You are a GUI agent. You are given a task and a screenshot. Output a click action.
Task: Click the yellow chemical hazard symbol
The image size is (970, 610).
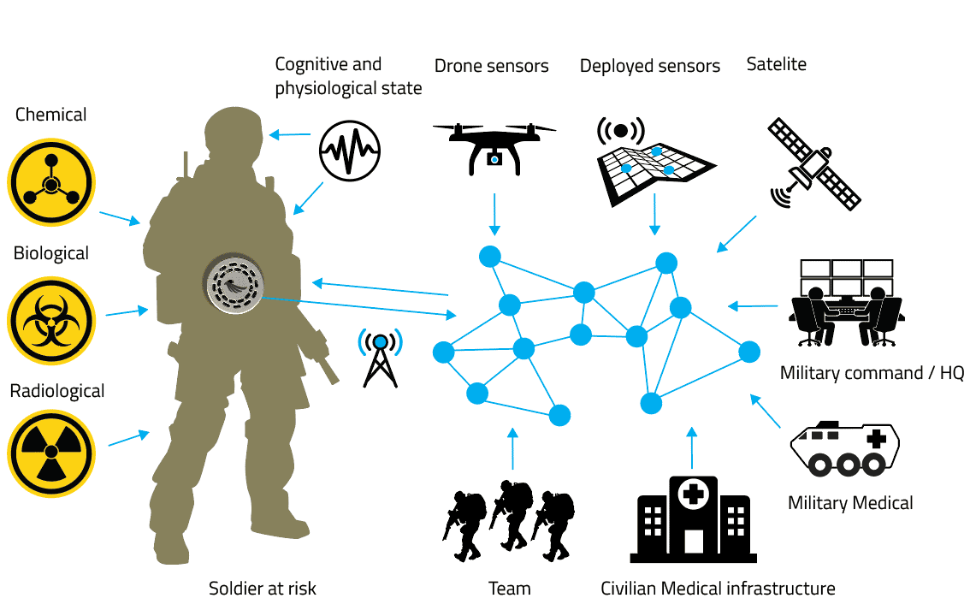pyautogui.click(x=50, y=181)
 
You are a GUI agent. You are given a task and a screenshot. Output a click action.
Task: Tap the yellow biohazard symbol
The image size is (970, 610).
pyautogui.click(x=50, y=320)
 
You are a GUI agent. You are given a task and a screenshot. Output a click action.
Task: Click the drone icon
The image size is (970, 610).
pyautogui.click(x=494, y=145)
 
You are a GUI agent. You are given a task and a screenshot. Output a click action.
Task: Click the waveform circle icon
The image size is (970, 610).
pyautogui.click(x=349, y=151)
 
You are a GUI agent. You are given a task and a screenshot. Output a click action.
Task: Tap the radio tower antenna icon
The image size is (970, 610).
pyautogui.click(x=379, y=358)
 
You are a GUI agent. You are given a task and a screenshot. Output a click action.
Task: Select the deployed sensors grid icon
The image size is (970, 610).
pyautogui.click(x=654, y=155)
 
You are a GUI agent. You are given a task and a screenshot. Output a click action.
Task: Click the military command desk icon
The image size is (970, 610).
pyautogui.click(x=844, y=304)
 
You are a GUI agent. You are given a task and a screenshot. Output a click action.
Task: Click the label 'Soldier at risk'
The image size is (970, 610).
pyautogui.click(x=263, y=589)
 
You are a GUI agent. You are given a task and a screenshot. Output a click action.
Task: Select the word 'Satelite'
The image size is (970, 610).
pyautogui.click(x=776, y=64)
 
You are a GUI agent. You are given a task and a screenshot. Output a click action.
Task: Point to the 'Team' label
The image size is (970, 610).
pyautogui.click(x=510, y=589)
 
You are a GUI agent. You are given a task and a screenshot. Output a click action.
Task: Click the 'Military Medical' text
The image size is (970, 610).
pyautogui.click(x=850, y=502)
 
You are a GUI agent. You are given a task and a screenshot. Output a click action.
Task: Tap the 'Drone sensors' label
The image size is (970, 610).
pyautogui.click(x=492, y=66)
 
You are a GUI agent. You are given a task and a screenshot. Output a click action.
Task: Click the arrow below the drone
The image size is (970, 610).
pyautogui.click(x=494, y=213)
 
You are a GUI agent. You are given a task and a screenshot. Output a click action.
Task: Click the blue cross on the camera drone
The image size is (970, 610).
pyautogui.click(x=494, y=159)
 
